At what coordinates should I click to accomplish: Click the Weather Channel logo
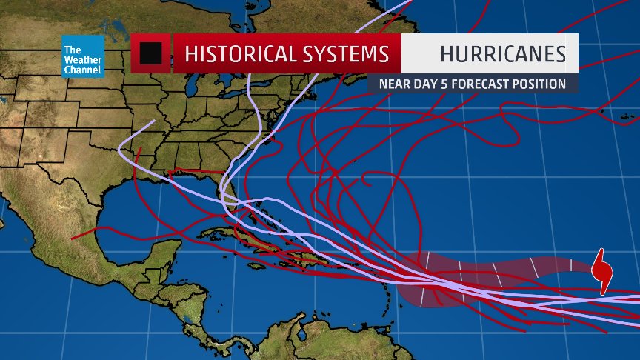click(x=82, y=56)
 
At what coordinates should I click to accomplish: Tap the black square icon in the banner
click(x=151, y=53)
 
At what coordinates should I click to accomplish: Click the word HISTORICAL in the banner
click(x=238, y=54)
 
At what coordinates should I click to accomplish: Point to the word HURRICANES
click(x=502, y=54)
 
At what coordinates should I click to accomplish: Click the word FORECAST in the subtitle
click(x=479, y=84)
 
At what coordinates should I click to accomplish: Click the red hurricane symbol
click(x=604, y=272)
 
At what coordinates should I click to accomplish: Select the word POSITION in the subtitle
click(x=539, y=84)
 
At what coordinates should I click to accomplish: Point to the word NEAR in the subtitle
click(x=394, y=84)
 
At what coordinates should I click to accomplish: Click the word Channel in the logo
click(x=82, y=70)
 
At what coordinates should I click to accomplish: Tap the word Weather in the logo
click(x=82, y=60)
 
